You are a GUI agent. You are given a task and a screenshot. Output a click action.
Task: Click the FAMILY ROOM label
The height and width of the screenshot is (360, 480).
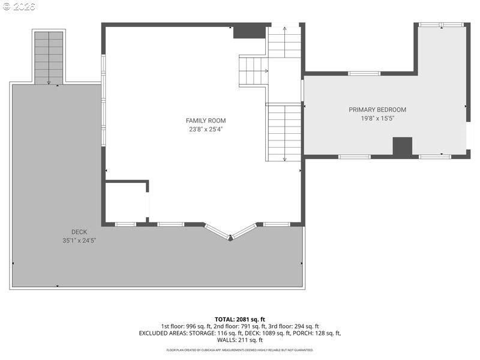pos(206,121)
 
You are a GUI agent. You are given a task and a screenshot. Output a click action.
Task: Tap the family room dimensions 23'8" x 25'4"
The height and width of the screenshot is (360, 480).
pos(206,129)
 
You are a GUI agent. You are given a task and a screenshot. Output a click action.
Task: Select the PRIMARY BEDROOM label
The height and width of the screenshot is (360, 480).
pos(377,110)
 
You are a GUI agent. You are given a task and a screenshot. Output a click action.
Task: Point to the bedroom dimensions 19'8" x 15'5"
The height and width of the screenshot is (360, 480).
pos(377,119)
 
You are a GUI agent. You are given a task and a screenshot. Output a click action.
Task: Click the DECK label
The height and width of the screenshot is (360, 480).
pos(79,232)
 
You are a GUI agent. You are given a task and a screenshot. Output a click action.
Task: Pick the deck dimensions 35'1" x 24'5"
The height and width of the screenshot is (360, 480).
pos(79,240)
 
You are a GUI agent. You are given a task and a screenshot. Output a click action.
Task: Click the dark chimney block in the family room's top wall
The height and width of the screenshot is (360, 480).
pos(249,31)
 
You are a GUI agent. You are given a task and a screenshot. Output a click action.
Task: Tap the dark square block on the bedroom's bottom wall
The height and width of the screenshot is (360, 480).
pos(403,146)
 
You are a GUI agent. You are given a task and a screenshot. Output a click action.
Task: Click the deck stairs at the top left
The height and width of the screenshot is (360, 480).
pos(49,56)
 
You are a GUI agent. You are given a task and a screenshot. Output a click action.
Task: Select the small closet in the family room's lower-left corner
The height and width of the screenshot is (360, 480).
pos(126,202)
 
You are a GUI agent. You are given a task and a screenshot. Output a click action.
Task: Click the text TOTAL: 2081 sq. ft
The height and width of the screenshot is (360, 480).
pos(240,319)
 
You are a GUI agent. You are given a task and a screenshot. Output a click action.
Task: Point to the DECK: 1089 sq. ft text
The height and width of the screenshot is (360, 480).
pos(271,333)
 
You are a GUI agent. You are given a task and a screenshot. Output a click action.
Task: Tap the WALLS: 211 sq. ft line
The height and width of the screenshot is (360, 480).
pos(240,340)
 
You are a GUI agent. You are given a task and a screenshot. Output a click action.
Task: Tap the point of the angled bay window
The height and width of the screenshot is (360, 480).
pos(230,238)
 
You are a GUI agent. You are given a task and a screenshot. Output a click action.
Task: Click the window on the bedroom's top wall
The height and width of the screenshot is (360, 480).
pos(364,73)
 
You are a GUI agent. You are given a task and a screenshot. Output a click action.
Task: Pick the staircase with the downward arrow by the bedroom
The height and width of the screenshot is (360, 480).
pos(284,132)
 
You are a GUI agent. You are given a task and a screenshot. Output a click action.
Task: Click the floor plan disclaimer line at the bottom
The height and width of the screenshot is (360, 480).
pos(240,350)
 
